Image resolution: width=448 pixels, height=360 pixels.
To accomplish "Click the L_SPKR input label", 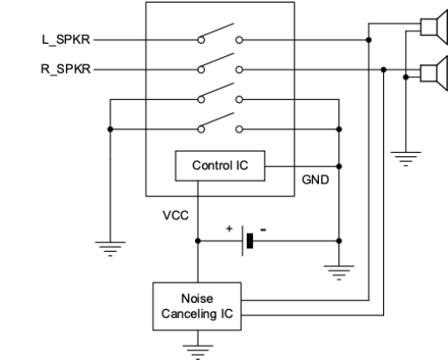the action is (66, 40).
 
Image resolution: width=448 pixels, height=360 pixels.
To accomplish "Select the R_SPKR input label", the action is (66, 69).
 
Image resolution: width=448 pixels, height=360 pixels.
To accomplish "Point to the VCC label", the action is (176, 215).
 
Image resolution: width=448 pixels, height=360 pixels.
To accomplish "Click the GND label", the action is (315, 180).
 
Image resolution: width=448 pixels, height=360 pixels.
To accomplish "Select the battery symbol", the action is (248, 241).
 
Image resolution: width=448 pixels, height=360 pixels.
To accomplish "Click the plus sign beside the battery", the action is (229, 228).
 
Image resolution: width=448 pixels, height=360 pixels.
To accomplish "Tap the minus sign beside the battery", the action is (264, 230).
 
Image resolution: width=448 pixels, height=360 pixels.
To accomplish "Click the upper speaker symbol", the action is (434, 27).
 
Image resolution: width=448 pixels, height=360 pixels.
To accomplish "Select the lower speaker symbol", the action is (434, 73).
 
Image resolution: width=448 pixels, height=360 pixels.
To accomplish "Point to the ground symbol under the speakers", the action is (406, 159).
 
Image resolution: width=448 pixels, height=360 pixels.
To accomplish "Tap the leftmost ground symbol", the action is (110, 249).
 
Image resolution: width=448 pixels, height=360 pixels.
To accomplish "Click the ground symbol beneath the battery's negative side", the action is (339, 273).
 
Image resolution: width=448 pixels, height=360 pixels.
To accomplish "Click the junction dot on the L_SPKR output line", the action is (369, 40).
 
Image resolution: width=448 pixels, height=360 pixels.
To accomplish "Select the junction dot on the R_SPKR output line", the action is (384, 69).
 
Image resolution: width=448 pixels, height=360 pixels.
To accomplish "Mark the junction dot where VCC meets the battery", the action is (198, 241).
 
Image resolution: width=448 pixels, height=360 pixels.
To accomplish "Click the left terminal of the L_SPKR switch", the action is (201, 40).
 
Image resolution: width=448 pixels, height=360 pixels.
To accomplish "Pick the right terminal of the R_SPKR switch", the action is (239, 69).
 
